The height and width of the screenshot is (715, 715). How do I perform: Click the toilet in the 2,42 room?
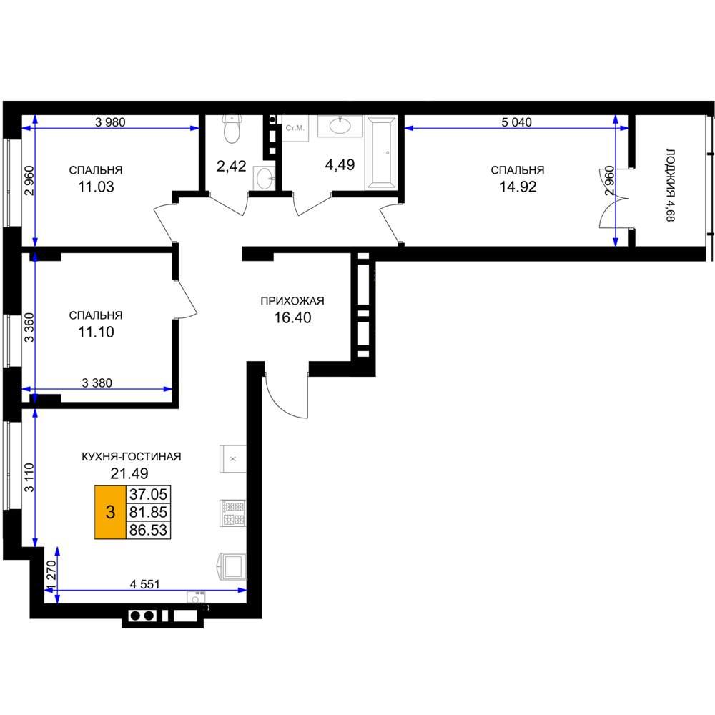click(232, 129)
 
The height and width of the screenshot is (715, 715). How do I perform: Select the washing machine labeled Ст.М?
click(295, 128)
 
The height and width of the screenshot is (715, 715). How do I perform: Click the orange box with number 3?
click(110, 512)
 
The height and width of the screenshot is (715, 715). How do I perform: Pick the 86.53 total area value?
click(148, 530)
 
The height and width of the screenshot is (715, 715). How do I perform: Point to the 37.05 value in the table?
click(148, 494)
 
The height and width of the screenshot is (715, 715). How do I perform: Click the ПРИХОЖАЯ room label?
click(292, 301)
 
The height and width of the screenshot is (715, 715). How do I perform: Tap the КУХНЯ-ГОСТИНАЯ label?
click(132, 456)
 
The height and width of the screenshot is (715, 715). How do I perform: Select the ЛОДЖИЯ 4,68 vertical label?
click(670, 185)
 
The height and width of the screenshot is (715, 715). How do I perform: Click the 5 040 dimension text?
click(516, 122)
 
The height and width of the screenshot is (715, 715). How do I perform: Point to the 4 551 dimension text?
click(144, 584)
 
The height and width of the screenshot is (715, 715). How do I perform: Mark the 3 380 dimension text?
click(97, 383)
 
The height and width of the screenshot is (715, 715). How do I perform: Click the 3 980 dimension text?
click(110, 122)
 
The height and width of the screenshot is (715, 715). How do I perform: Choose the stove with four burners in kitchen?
click(233, 513)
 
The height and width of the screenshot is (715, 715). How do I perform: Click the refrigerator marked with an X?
click(233, 459)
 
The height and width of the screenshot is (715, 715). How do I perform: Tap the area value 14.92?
click(518, 187)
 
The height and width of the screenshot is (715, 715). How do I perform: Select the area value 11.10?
click(96, 332)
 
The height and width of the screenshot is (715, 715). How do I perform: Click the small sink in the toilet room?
click(265, 178)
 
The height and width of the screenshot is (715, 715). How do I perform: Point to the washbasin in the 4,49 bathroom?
click(340, 126)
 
